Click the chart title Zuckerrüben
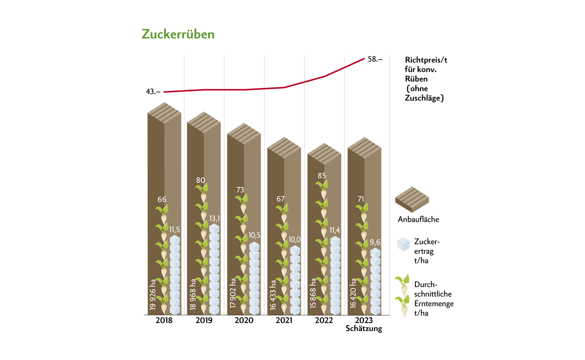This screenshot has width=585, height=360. click(x=178, y=34)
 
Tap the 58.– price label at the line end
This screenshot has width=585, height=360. click(x=375, y=59)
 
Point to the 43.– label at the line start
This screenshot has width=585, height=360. click(x=153, y=92)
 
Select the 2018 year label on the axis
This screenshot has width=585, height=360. click(x=164, y=320)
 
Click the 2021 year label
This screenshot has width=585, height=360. click(x=284, y=320)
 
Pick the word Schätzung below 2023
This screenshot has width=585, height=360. click(x=364, y=329)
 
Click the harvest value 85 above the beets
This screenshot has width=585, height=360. click(x=322, y=176)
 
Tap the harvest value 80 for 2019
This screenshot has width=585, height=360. click(x=200, y=180)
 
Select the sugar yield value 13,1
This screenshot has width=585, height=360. click(x=215, y=218)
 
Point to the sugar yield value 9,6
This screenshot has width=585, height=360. click(x=375, y=242)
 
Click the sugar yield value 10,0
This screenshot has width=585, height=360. click(x=294, y=240)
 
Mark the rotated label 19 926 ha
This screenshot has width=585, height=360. click(x=153, y=295)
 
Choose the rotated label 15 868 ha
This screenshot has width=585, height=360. click(x=313, y=293)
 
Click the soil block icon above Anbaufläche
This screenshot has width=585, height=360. click(x=412, y=199)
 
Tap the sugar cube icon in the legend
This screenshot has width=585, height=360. click(x=404, y=244)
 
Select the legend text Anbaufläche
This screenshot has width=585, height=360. click(x=418, y=220)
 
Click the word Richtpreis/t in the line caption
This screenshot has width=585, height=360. click(x=426, y=60)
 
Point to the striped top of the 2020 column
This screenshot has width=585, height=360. click(x=244, y=134)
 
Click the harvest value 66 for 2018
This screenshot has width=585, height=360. click(x=162, y=199)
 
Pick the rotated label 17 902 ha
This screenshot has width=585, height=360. click(x=233, y=293)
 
